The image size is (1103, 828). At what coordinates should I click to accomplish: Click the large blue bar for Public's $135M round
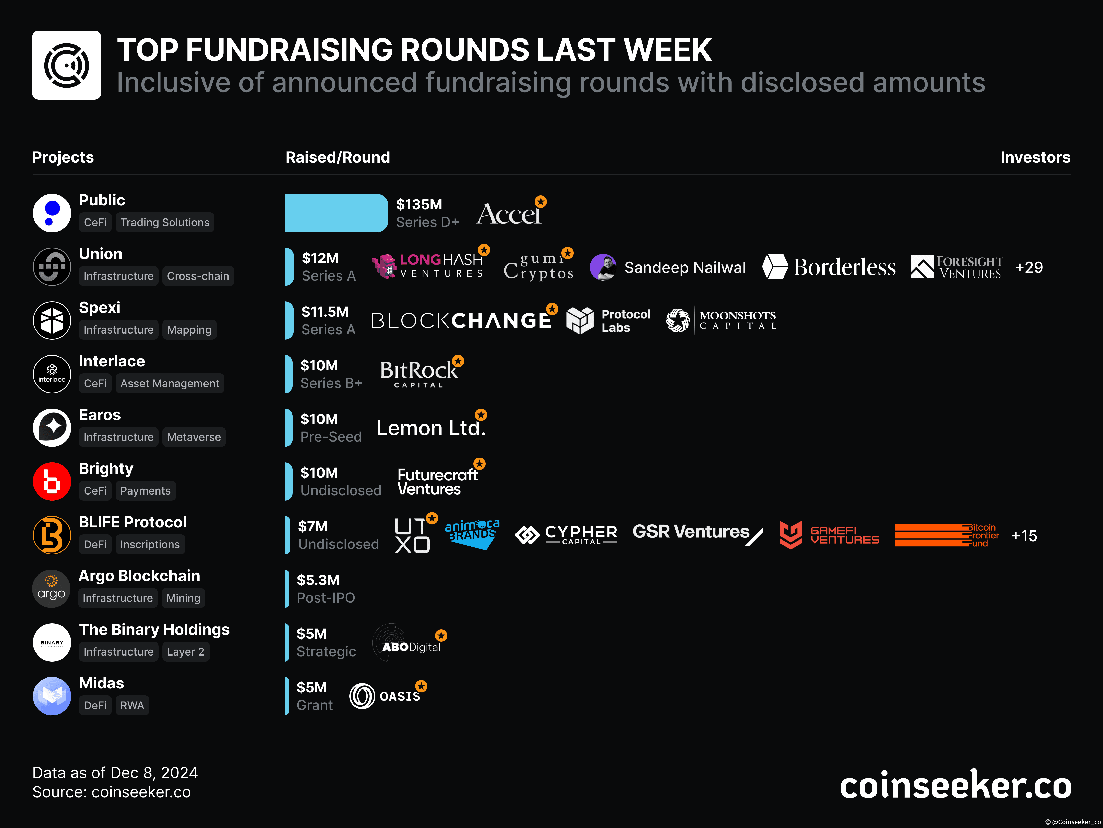pos(336,213)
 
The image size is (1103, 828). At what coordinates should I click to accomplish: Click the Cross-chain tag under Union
pos(198,276)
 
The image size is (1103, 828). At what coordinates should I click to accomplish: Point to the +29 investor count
pos(1029,268)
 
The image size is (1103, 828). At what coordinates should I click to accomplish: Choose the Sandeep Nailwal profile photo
pos(603,268)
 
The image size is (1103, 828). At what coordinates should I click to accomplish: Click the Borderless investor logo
pos(829,267)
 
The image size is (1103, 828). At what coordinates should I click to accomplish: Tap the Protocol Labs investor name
pos(626,321)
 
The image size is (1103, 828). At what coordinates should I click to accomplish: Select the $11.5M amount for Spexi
pos(325,312)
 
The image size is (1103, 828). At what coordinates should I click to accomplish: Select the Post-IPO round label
pos(326,598)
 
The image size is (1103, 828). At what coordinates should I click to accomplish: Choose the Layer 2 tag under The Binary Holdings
pos(186,652)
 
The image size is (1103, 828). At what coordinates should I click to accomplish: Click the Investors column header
pos(1035,157)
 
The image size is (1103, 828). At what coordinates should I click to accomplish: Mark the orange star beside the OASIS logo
pos(422,686)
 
